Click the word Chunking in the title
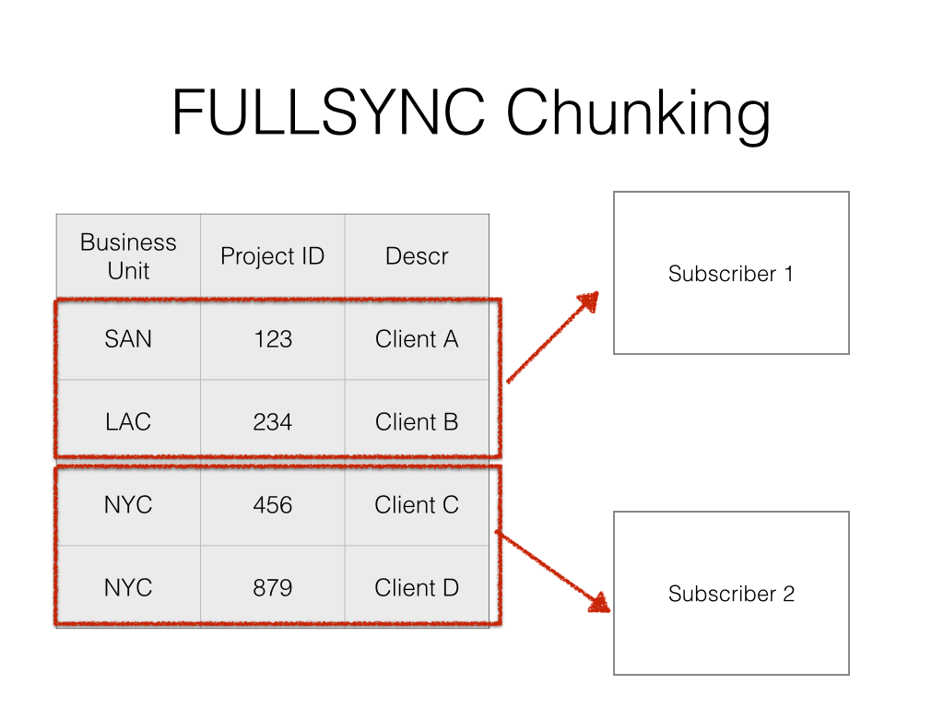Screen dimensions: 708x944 (x=638, y=115)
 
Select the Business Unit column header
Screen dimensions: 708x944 (x=128, y=256)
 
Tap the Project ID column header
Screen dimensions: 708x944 (x=273, y=256)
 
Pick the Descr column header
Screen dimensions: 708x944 (x=417, y=256)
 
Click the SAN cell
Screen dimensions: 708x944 (x=128, y=339)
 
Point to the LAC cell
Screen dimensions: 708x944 (x=128, y=422)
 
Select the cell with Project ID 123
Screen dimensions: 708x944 (x=273, y=339)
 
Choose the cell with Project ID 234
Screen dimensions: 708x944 (x=273, y=422)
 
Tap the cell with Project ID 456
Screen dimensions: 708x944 (x=273, y=505)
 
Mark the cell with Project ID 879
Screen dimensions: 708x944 (x=273, y=588)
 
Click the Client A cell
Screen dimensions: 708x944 (x=417, y=339)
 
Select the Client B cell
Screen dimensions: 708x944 (x=417, y=422)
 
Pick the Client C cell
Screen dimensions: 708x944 (x=417, y=505)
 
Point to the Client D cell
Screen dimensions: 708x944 (x=417, y=588)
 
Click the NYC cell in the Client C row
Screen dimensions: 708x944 (x=128, y=505)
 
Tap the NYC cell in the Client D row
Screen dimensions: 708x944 (x=128, y=588)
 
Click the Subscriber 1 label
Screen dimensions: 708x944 (x=731, y=274)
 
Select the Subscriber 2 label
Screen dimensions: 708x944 (x=731, y=594)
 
